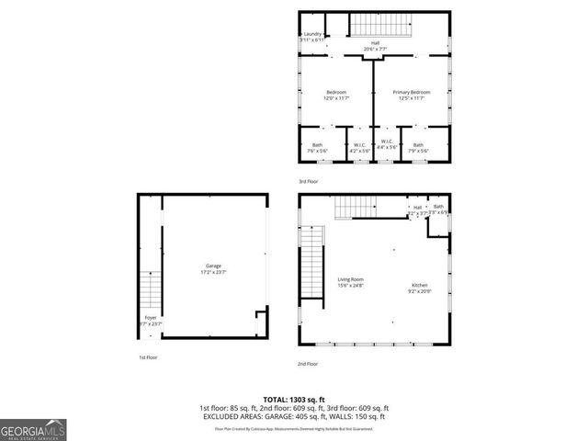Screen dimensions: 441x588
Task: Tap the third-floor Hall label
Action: (x=375, y=43)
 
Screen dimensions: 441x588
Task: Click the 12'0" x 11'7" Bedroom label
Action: (x=335, y=95)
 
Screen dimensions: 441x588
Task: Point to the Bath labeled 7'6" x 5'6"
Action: (x=317, y=147)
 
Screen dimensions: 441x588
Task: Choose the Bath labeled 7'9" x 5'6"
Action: (x=418, y=147)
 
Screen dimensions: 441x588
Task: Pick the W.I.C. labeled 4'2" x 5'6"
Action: (x=360, y=147)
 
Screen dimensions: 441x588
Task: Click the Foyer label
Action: (x=149, y=320)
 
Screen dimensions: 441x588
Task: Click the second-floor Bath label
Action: (x=439, y=209)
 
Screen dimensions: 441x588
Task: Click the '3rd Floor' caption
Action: (x=310, y=181)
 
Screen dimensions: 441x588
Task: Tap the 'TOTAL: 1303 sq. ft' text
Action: (x=294, y=400)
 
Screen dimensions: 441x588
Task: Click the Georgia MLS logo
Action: (x=33, y=430)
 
